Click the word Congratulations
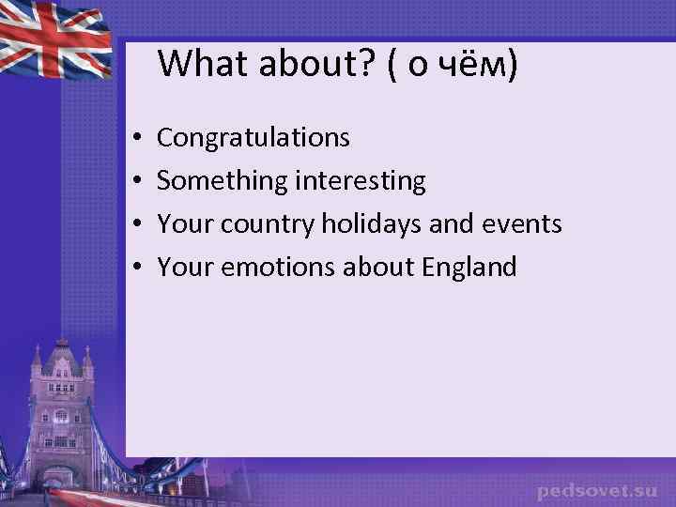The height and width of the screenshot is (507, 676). click(x=253, y=138)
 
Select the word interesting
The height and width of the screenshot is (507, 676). click(x=361, y=181)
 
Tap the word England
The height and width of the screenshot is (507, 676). click(x=469, y=268)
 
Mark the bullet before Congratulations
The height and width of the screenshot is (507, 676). click(x=136, y=139)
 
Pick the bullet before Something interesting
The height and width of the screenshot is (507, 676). click(x=136, y=182)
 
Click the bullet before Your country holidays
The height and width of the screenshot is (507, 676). click(x=136, y=225)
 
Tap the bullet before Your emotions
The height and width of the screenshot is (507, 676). click(x=136, y=269)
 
